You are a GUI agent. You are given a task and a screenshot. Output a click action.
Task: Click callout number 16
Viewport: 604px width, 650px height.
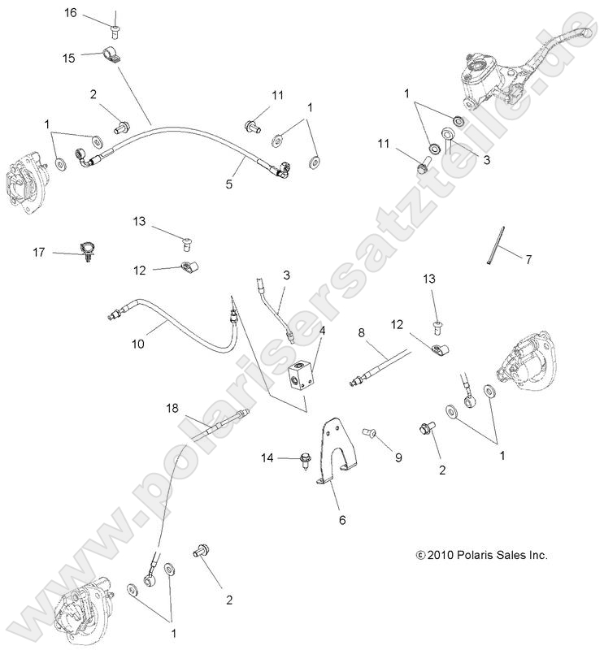(71, 12)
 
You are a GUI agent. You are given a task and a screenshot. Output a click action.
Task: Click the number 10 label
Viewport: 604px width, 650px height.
(137, 344)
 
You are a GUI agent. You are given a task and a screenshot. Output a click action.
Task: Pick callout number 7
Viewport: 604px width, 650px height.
(528, 260)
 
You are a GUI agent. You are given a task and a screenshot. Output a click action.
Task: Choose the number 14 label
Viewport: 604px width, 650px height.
(268, 459)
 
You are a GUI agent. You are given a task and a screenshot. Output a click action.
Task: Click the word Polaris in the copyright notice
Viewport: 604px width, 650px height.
(474, 556)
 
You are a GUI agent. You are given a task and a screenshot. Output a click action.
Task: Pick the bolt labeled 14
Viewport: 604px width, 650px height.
(308, 461)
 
